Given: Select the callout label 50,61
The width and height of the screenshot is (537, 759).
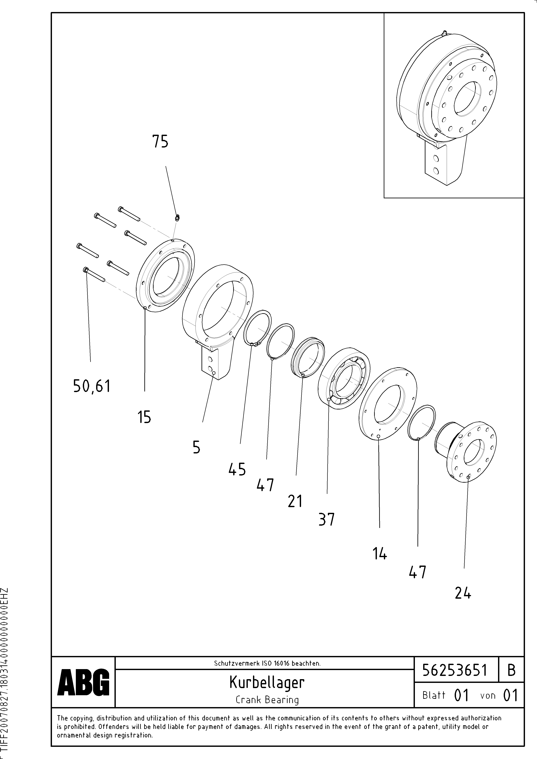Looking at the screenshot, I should (92, 386).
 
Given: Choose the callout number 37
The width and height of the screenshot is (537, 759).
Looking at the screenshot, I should (327, 519).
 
